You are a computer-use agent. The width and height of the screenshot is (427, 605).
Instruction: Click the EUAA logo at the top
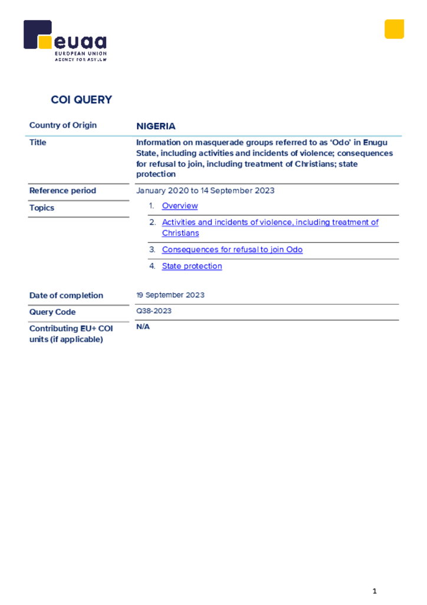65,40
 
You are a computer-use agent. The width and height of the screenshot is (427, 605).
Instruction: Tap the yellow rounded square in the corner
394,29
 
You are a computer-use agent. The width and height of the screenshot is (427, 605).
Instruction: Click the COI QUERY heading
81,100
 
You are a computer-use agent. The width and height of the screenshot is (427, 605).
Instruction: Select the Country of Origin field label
63,125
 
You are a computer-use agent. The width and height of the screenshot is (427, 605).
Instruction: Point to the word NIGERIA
156,126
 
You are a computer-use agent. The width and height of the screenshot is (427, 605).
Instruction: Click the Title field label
38,142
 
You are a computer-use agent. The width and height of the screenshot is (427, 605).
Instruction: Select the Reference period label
63,191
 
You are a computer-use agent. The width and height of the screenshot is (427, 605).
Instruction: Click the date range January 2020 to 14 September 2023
205,191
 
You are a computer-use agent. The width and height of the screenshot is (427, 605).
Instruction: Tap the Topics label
42,208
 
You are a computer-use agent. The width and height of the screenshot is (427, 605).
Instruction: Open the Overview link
180,206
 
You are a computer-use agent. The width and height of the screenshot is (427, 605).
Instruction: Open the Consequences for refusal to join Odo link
232,250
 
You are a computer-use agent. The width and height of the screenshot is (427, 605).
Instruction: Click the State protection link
192,266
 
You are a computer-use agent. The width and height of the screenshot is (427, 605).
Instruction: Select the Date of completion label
66,295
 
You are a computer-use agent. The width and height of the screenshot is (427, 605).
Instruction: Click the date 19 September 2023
170,295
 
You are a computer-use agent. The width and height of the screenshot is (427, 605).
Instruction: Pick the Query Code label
52,312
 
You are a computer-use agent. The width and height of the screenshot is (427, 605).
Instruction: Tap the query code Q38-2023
154,311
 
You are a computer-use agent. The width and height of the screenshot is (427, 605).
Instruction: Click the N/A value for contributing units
143,327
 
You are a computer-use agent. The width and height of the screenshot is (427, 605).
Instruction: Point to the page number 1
375,591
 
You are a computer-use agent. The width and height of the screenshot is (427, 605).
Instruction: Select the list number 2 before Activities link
152,222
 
